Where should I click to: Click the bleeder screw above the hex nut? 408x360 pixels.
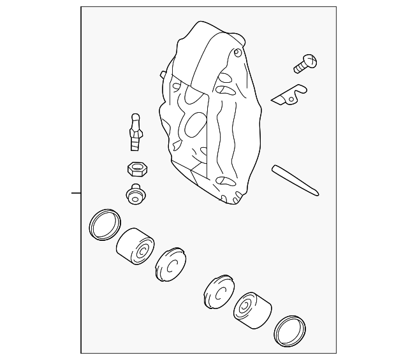point(135,132)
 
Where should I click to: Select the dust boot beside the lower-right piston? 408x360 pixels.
point(219,291)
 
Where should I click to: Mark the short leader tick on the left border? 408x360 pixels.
point(76,192)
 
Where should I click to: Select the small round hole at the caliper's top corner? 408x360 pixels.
point(237,52)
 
